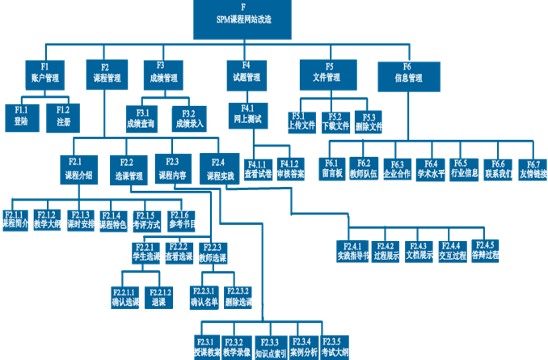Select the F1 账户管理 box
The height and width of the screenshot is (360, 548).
46,72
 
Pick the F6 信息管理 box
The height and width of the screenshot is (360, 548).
407,72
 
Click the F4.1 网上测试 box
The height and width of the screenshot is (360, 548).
247,113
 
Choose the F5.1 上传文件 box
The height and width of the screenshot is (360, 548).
302,121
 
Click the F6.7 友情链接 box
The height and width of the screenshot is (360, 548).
533,169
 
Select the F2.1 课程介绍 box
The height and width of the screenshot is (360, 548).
78,168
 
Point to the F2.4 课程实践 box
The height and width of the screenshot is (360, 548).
219,169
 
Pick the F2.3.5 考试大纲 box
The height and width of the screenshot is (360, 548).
335,347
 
